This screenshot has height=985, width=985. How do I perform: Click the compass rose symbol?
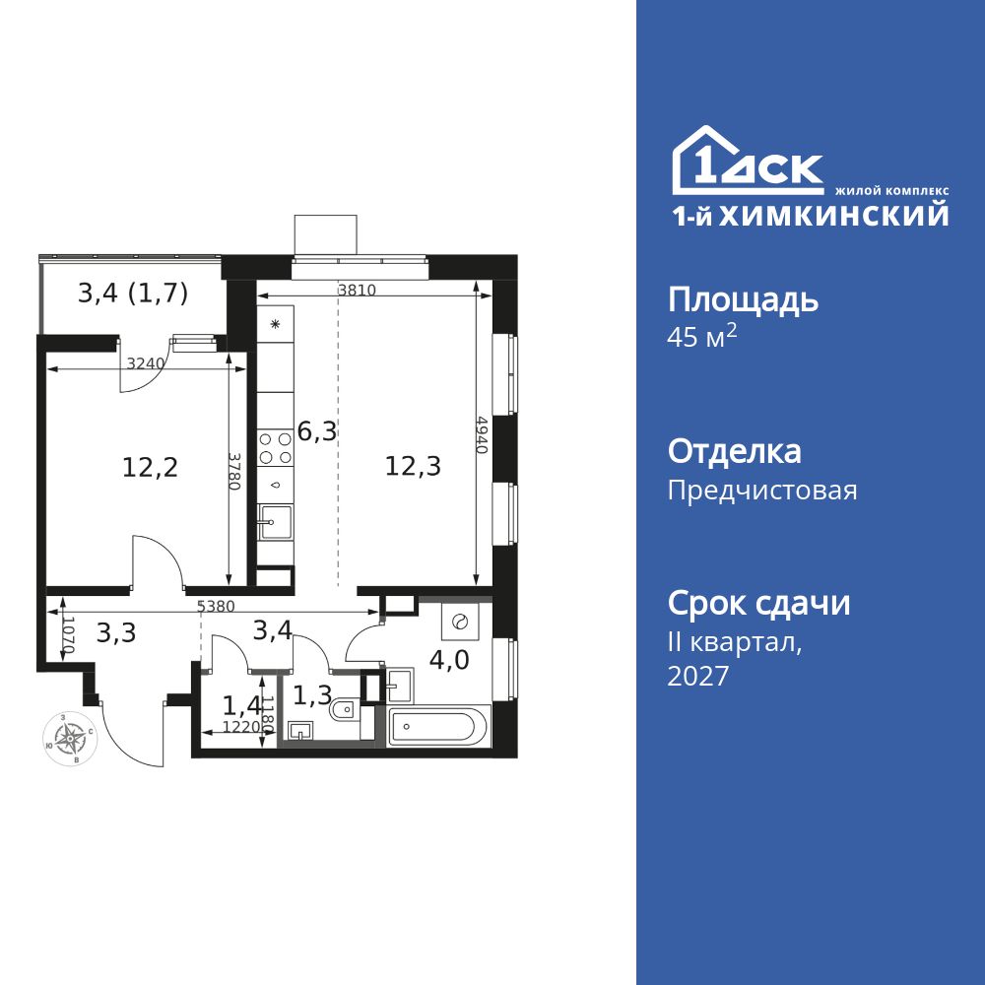[x=70, y=738]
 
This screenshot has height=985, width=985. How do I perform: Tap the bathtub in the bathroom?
[x=438, y=726]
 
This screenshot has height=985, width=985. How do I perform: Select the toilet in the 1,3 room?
[x=345, y=710]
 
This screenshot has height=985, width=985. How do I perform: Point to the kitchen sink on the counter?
[x=275, y=521]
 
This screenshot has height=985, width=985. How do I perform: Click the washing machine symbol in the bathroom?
[x=460, y=622]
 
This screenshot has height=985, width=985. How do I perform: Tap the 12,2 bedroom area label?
[x=150, y=467]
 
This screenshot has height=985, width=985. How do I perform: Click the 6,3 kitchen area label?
[x=317, y=431]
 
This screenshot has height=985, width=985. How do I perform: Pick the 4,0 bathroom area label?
[x=449, y=660]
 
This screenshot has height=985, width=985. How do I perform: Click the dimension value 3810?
[x=357, y=290]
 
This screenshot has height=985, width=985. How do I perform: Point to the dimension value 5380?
[x=216, y=606]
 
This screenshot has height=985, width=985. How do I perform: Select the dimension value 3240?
[x=145, y=363]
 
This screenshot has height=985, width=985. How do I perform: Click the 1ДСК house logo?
[x=748, y=160]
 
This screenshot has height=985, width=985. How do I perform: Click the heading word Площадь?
[x=743, y=300]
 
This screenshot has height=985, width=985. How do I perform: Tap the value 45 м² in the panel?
[x=701, y=337]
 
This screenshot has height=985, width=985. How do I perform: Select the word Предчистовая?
[x=762, y=491]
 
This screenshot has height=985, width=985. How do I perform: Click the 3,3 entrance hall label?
[x=116, y=633]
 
